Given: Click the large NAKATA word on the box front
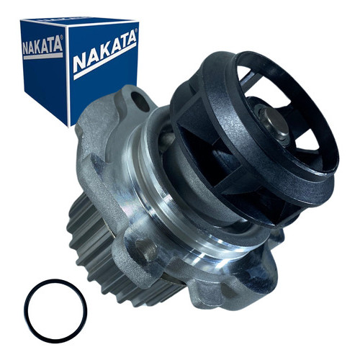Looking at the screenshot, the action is [x=104, y=52].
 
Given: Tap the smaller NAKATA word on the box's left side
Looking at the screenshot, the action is [x=42, y=45].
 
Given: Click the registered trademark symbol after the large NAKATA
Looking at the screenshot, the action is [x=136, y=31].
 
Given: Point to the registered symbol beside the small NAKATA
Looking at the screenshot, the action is [x=61, y=37].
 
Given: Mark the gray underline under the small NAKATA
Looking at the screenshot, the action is [x=43, y=56].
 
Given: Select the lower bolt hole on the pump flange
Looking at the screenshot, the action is [x=146, y=246].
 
